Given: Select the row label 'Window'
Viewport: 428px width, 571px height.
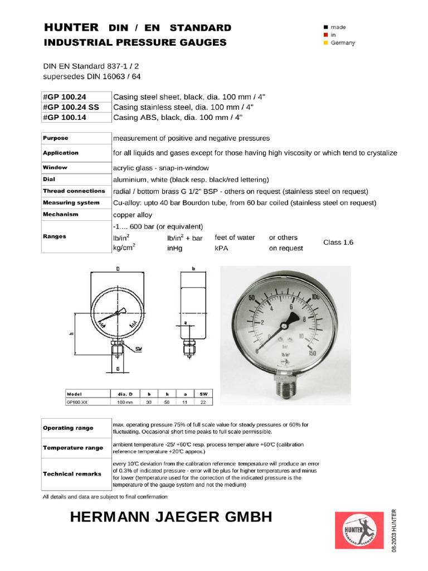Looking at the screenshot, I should pyautogui.click(x=55, y=167).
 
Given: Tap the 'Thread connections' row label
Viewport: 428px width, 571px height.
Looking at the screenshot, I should pyautogui.click(x=74, y=191).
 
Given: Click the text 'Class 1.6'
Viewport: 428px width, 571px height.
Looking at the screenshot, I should pyautogui.click(x=338, y=243).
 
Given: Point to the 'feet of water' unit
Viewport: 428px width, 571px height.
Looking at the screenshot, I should pyautogui.click(x=235, y=238).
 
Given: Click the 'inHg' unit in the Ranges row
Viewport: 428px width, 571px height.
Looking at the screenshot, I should pyautogui.click(x=175, y=248).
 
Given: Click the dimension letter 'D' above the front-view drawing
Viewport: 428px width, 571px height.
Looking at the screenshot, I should pyautogui.click(x=118, y=268).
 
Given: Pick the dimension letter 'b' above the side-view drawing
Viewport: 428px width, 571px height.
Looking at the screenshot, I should pyautogui.click(x=192, y=268).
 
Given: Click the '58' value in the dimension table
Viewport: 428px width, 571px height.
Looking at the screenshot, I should pyautogui.click(x=167, y=401).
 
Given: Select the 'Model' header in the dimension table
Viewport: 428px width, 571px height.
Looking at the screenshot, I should pyautogui.click(x=75, y=393).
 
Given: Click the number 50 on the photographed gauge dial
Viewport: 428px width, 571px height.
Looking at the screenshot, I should pyautogui.click(x=251, y=298).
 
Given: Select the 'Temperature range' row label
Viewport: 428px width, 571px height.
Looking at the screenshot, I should pyautogui.click(x=74, y=448).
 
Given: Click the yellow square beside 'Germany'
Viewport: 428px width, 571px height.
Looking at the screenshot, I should pyautogui.click(x=325, y=43).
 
